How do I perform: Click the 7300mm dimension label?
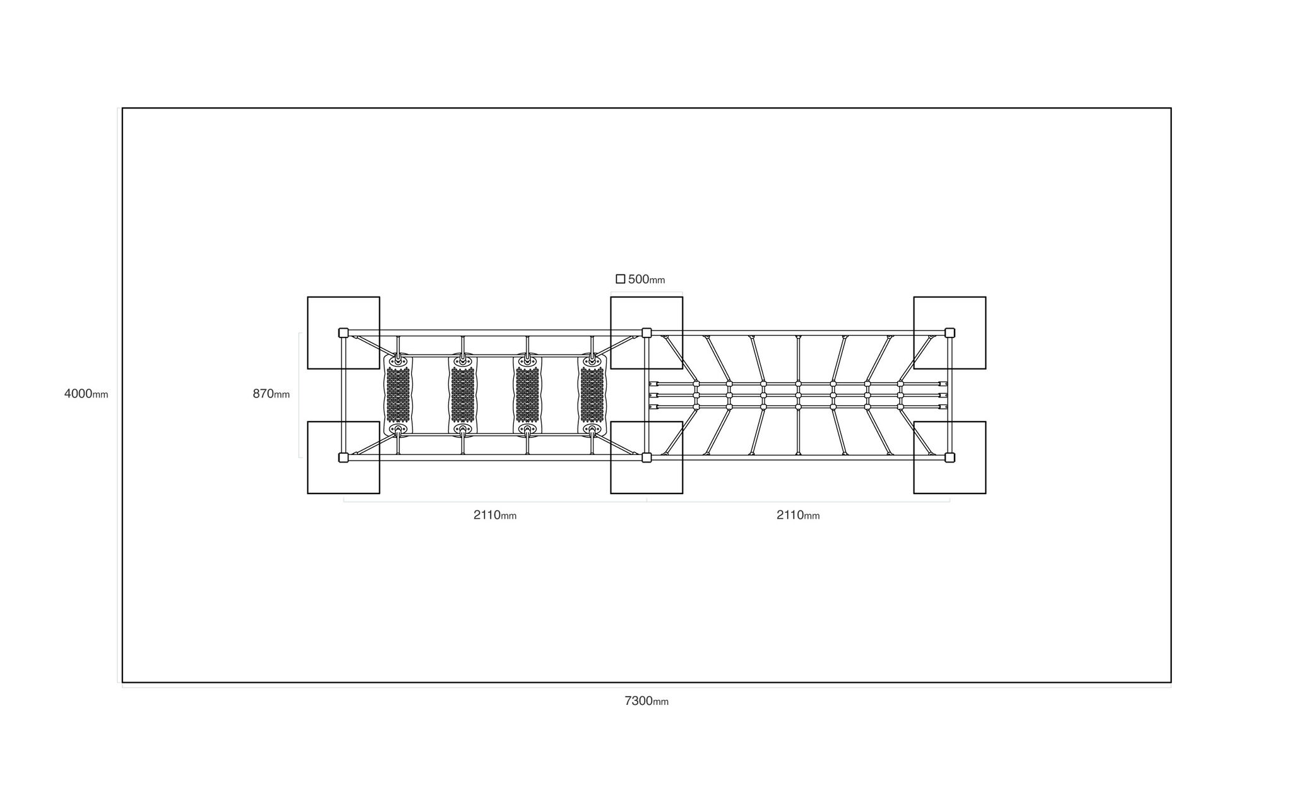pos(646,701)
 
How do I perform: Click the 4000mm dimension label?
pos(86,394)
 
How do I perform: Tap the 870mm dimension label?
pos(271,394)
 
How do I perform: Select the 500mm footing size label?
pos(646,279)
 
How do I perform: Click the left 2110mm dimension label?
pos(495,515)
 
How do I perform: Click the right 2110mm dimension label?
pos(798,515)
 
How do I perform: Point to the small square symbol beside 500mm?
pos(621,279)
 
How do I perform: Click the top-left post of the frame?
pos(343,333)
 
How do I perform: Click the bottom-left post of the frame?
pos(343,457)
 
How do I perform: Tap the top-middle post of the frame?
pos(646,333)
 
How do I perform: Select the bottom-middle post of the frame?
pos(646,457)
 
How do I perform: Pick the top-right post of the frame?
pos(950,333)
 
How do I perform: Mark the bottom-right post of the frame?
pos(950,457)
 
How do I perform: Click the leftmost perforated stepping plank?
pos(398,395)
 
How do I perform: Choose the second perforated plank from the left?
pos(463,395)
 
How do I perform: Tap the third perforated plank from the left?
pos(527,395)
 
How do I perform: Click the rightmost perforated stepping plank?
pos(592,395)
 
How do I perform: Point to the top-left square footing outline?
pos(307,333)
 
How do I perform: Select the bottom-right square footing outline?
pos(986,457)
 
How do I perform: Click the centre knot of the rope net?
pos(798,395)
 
